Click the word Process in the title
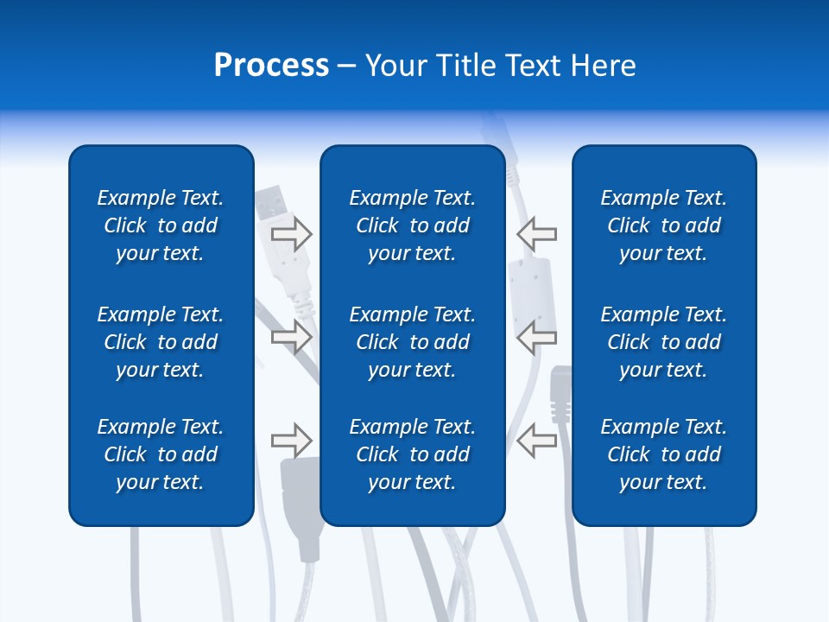coord(271,66)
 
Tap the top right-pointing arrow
coord(291,234)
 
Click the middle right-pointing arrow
coord(291,336)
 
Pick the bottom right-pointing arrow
coord(291,441)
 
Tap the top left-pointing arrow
coord(537,234)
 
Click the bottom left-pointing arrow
coord(537,441)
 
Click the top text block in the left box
coord(161,225)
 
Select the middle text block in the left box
coord(161,342)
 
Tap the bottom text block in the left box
coord(161,454)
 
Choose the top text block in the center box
coord(413,225)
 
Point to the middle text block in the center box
coord(413,342)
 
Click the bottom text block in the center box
coord(413,454)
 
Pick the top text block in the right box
coord(664,225)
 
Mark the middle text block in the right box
coord(664,342)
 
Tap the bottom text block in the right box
coord(664,454)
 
